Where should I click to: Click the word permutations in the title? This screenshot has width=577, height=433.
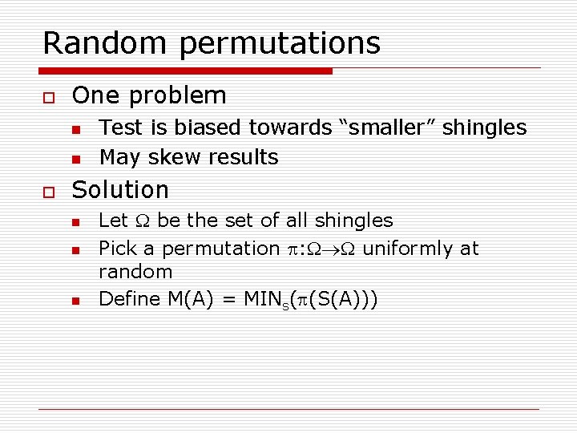[280, 44]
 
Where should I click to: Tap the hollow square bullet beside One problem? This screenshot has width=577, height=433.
[47, 96]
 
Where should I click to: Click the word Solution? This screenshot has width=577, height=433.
[120, 190]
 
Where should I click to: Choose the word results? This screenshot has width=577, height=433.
[241, 157]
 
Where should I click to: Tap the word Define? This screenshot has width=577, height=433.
[130, 299]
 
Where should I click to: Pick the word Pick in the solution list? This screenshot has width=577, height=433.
[117, 249]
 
